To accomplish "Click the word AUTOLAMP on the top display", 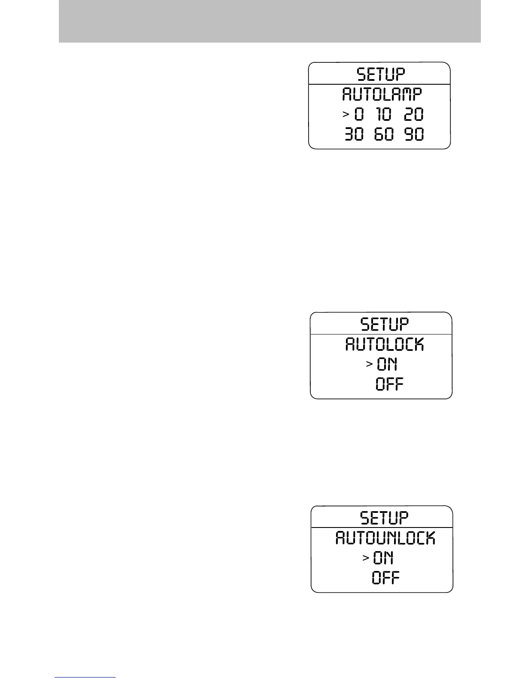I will (382, 94).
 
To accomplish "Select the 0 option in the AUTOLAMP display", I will (359, 114).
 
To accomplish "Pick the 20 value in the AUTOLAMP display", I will (414, 114).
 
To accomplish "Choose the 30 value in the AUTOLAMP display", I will (354, 135).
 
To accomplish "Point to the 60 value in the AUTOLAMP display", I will (384, 135).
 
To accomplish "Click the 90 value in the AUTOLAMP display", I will (414, 135).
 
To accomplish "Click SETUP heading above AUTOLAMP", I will (381, 74).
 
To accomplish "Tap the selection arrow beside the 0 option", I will (345, 114).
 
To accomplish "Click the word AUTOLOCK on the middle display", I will (385, 344).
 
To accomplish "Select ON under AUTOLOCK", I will (387, 365).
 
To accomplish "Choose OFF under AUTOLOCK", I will (389, 384).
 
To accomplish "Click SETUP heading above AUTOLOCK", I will (384, 324).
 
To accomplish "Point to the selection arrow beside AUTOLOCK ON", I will (369, 364).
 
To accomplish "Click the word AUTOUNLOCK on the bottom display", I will (385, 538).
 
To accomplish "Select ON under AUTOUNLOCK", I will (383, 558).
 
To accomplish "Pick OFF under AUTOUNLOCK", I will (385, 578).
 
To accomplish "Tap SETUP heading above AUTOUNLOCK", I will (384, 518).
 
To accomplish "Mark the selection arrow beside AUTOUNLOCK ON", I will (366, 558).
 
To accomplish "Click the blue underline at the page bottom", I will (85, 677).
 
